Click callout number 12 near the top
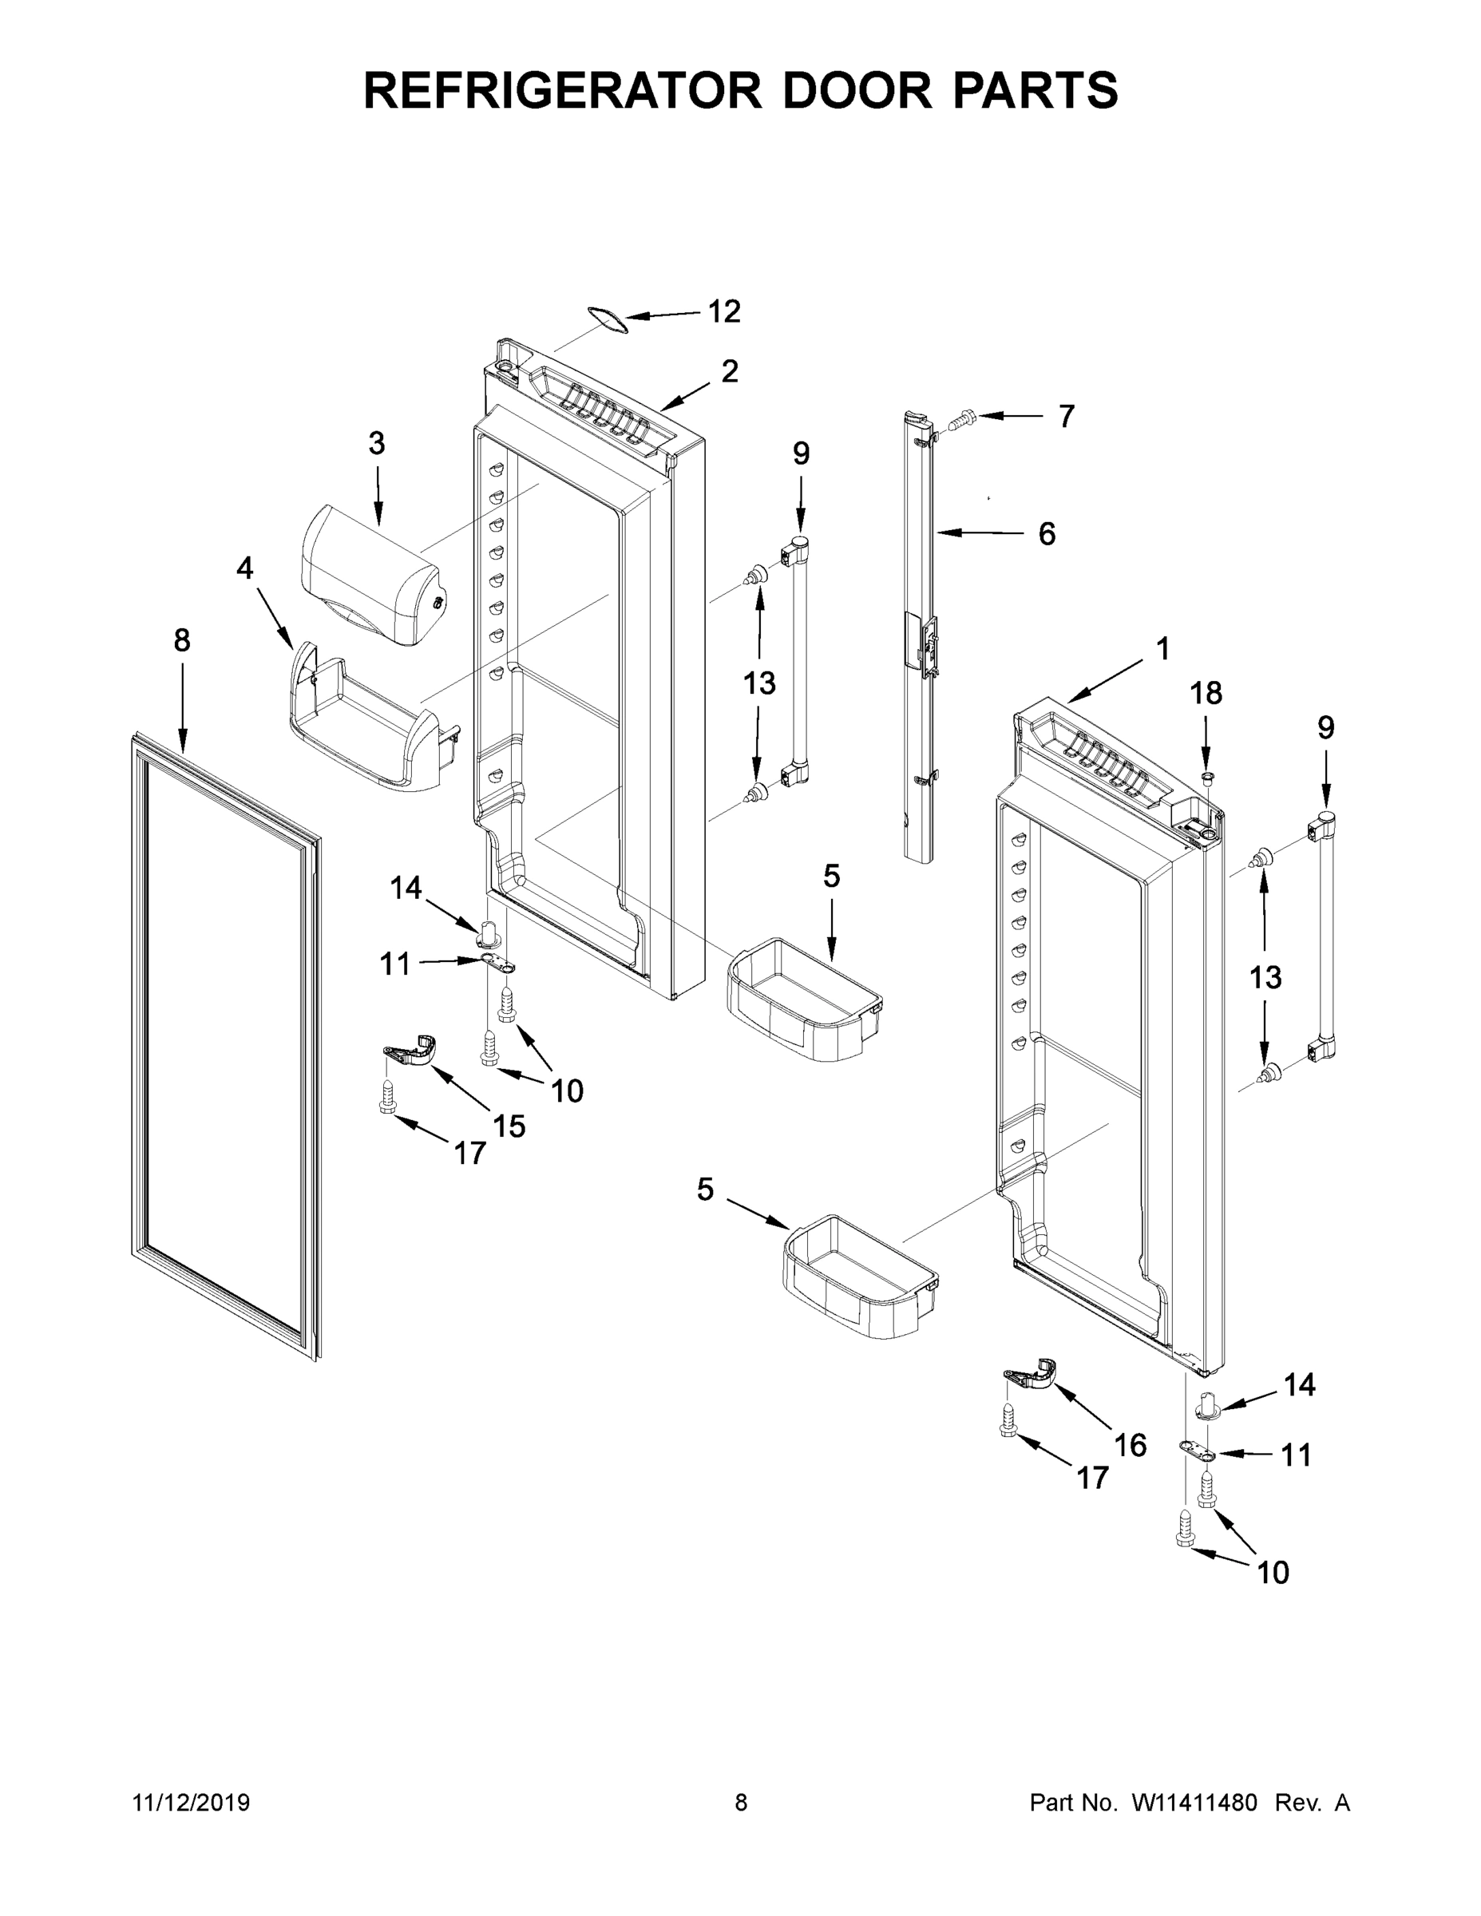coord(724,311)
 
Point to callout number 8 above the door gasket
coord(181,640)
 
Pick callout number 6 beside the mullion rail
coord(1047,533)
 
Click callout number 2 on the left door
coord(729,371)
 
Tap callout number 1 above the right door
coord(1162,649)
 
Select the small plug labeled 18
coord(1207,778)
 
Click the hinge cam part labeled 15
coord(410,1049)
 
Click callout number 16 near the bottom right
coord(1130,1445)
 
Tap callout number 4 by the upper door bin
coord(245,568)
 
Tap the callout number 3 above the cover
coord(376,444)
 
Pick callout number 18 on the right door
coord(1206,693)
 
